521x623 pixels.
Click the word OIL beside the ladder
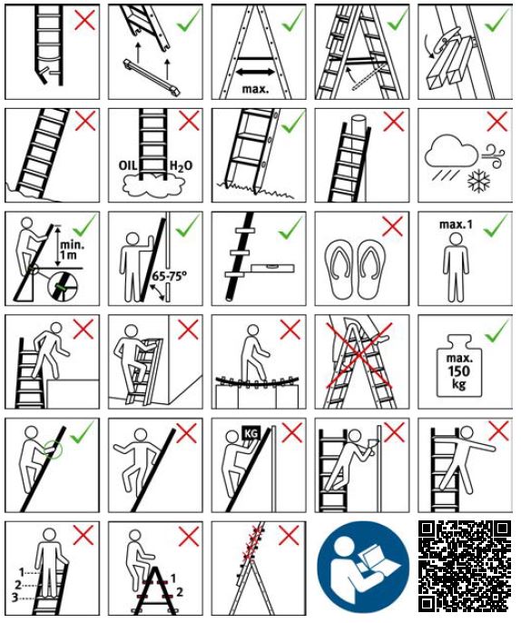(x=128, y=165)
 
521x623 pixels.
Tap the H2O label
(x=181, y=165)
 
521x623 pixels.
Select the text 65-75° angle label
(x=170, y=276)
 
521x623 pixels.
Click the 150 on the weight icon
(x=459, y=371)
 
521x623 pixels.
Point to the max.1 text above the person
(x=456, y=224)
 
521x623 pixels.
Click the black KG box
(x=251, y=432)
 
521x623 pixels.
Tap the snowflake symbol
(x=478, y=180)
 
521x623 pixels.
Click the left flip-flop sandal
(x=340, y=270)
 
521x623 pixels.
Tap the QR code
(x=465, y=566)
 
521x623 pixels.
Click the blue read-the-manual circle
(x=363, y=567)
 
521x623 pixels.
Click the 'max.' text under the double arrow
(x=255, y=89)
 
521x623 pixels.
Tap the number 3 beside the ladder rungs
(x=15, y=598)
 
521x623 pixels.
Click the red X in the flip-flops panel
(x=392, y=226)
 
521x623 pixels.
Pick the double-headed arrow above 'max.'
(x=255, y=73)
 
